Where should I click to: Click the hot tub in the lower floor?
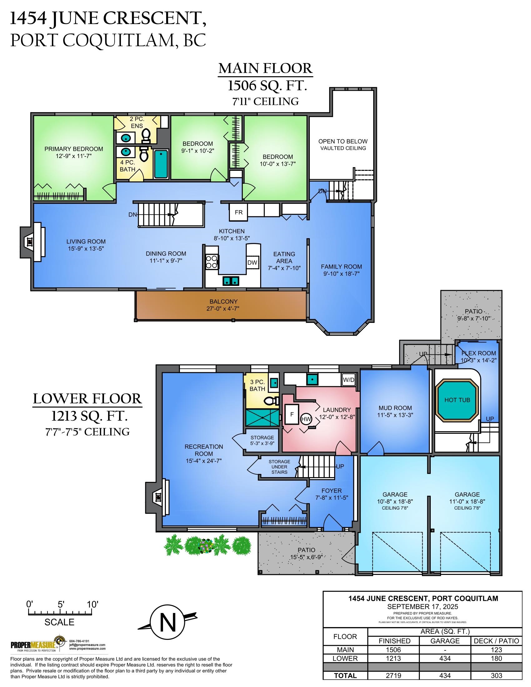[457, 400]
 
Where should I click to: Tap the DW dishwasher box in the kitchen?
[252, 263]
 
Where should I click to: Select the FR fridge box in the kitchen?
[238, 212]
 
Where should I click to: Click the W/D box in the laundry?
[349, 379]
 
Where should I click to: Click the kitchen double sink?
[231, 281]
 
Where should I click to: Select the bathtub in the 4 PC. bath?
[161, 164]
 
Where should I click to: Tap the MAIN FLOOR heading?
[266, 69]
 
